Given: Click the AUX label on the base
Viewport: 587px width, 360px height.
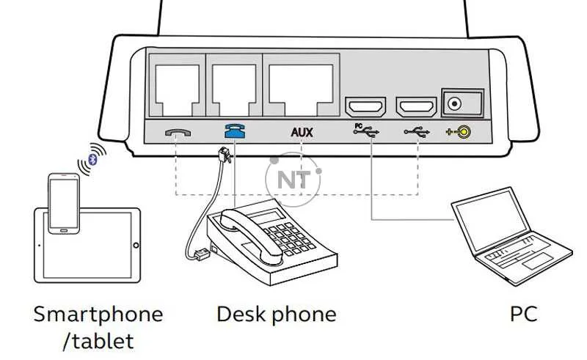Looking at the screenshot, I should pyautogui.click(x=302, y=133).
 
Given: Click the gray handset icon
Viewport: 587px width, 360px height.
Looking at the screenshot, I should pyautogui.click(x=176, y=133).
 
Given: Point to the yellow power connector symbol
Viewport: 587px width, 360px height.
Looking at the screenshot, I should pyautogui.click(x=459, y=133).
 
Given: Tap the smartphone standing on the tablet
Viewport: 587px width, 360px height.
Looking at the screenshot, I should pyautogui.click(x=65, y=203).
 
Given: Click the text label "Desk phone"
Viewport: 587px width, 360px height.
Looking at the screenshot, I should pyautogui.click(x=276, y=315).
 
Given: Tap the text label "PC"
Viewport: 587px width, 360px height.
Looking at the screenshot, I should pyautogui.click(x=523, y=315).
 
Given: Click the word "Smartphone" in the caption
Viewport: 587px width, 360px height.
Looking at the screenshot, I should pyautogui.click(x=98, y=315).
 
